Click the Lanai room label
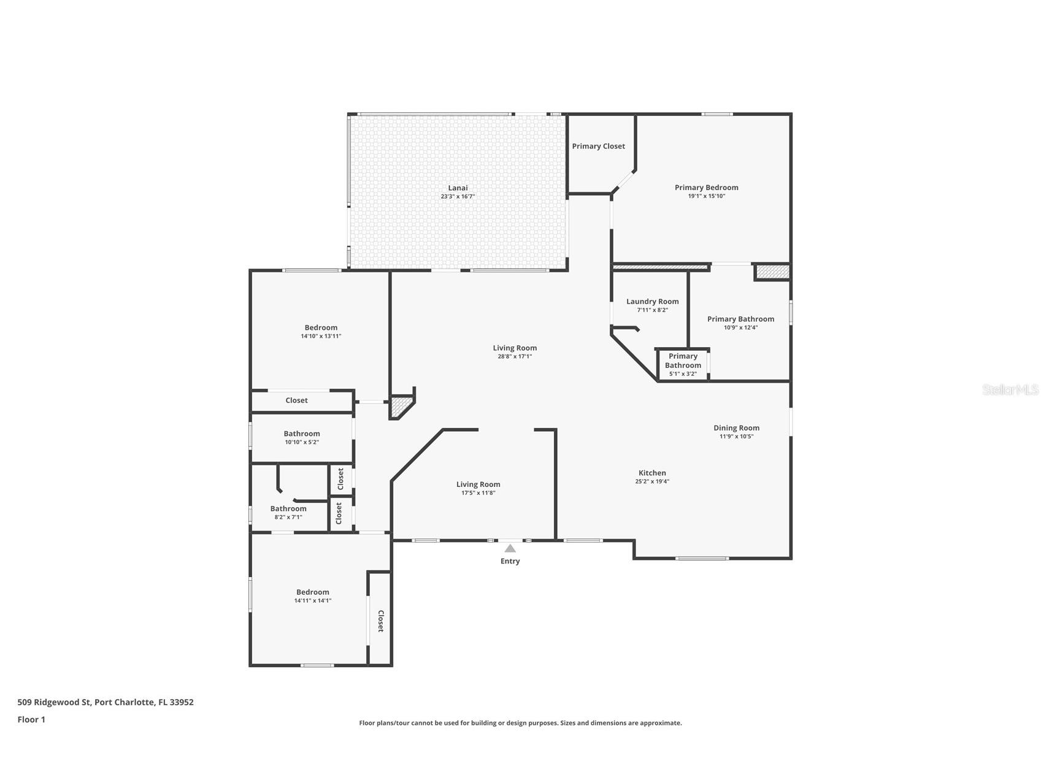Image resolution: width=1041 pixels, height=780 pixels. coord(458,188)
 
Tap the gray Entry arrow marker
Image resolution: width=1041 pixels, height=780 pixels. coord(510,548)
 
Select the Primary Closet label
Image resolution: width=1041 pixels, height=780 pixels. coord(598,146)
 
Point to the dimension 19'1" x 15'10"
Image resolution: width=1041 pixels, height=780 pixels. coord(706,196)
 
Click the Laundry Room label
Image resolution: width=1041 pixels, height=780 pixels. coord(652,301)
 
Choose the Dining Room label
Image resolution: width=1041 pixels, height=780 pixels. coord(736,428)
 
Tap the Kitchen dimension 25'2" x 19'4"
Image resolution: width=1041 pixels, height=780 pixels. coord(652,481)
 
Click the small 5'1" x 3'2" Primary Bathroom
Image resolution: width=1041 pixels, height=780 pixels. coord(683,364)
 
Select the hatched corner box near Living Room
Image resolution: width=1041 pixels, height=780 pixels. coord(401,406)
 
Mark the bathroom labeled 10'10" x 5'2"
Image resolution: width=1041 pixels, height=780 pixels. coord(301,437)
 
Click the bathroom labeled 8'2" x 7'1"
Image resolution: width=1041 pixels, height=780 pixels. coord(288,512)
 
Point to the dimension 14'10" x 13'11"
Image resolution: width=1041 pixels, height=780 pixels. coord(321,336)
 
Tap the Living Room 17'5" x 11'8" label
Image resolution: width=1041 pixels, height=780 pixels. coord(478,488)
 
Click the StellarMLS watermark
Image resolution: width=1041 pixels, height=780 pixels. coord(1010,389)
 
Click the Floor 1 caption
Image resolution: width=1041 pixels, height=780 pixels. coord(31,720)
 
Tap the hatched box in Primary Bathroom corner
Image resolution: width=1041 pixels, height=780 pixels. coord(772,272)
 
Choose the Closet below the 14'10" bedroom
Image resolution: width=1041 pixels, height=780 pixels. coord(296,400)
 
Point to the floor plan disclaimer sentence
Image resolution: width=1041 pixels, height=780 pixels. coord(520,723)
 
